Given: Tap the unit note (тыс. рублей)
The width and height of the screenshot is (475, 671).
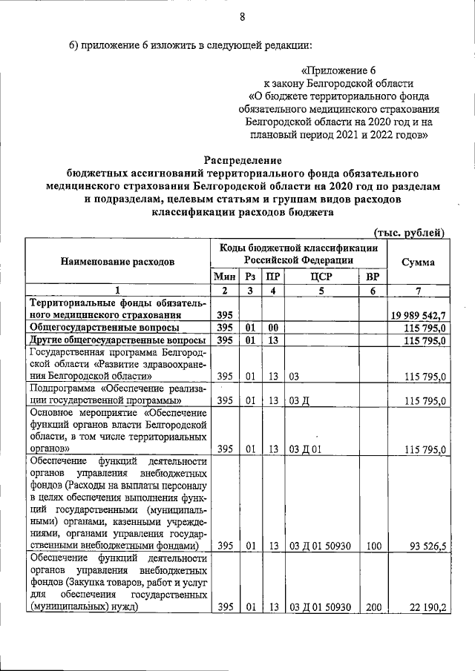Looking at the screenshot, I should (410, 232).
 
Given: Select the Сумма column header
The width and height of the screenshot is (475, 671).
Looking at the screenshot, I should (418, 262).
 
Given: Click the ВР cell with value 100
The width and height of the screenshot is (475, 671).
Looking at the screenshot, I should (373, 546).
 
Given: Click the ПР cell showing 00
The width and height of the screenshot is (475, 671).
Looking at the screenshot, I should (273, 328).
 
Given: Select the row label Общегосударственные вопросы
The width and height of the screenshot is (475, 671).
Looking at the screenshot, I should (104, 328).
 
